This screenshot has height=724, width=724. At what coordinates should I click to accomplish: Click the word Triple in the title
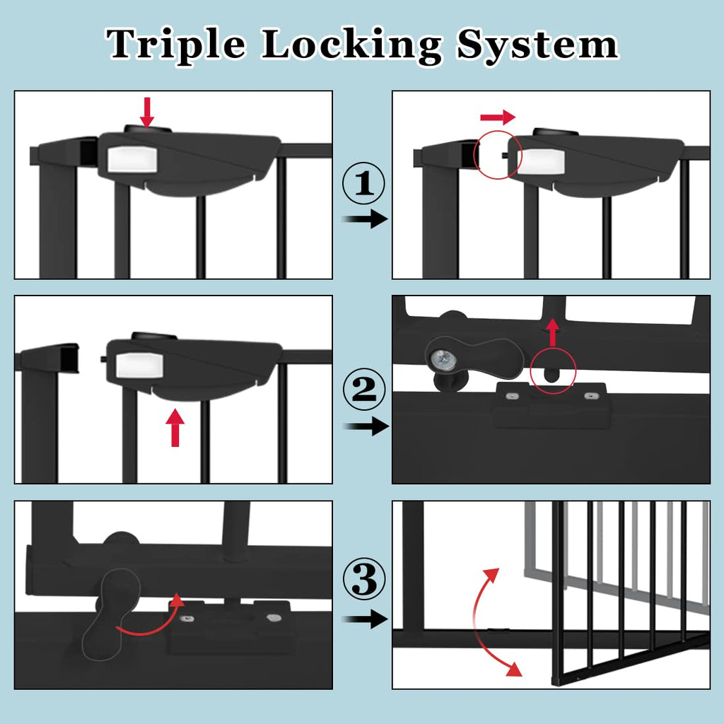tap(176, 45)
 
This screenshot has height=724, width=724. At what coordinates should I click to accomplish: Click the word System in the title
tap(537, 45)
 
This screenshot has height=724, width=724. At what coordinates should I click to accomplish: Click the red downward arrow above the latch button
tap(147, 112)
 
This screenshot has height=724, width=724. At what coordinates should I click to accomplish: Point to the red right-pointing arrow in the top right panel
tap(498, 117)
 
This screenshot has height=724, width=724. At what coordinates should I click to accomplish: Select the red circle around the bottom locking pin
tap(554, 371)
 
